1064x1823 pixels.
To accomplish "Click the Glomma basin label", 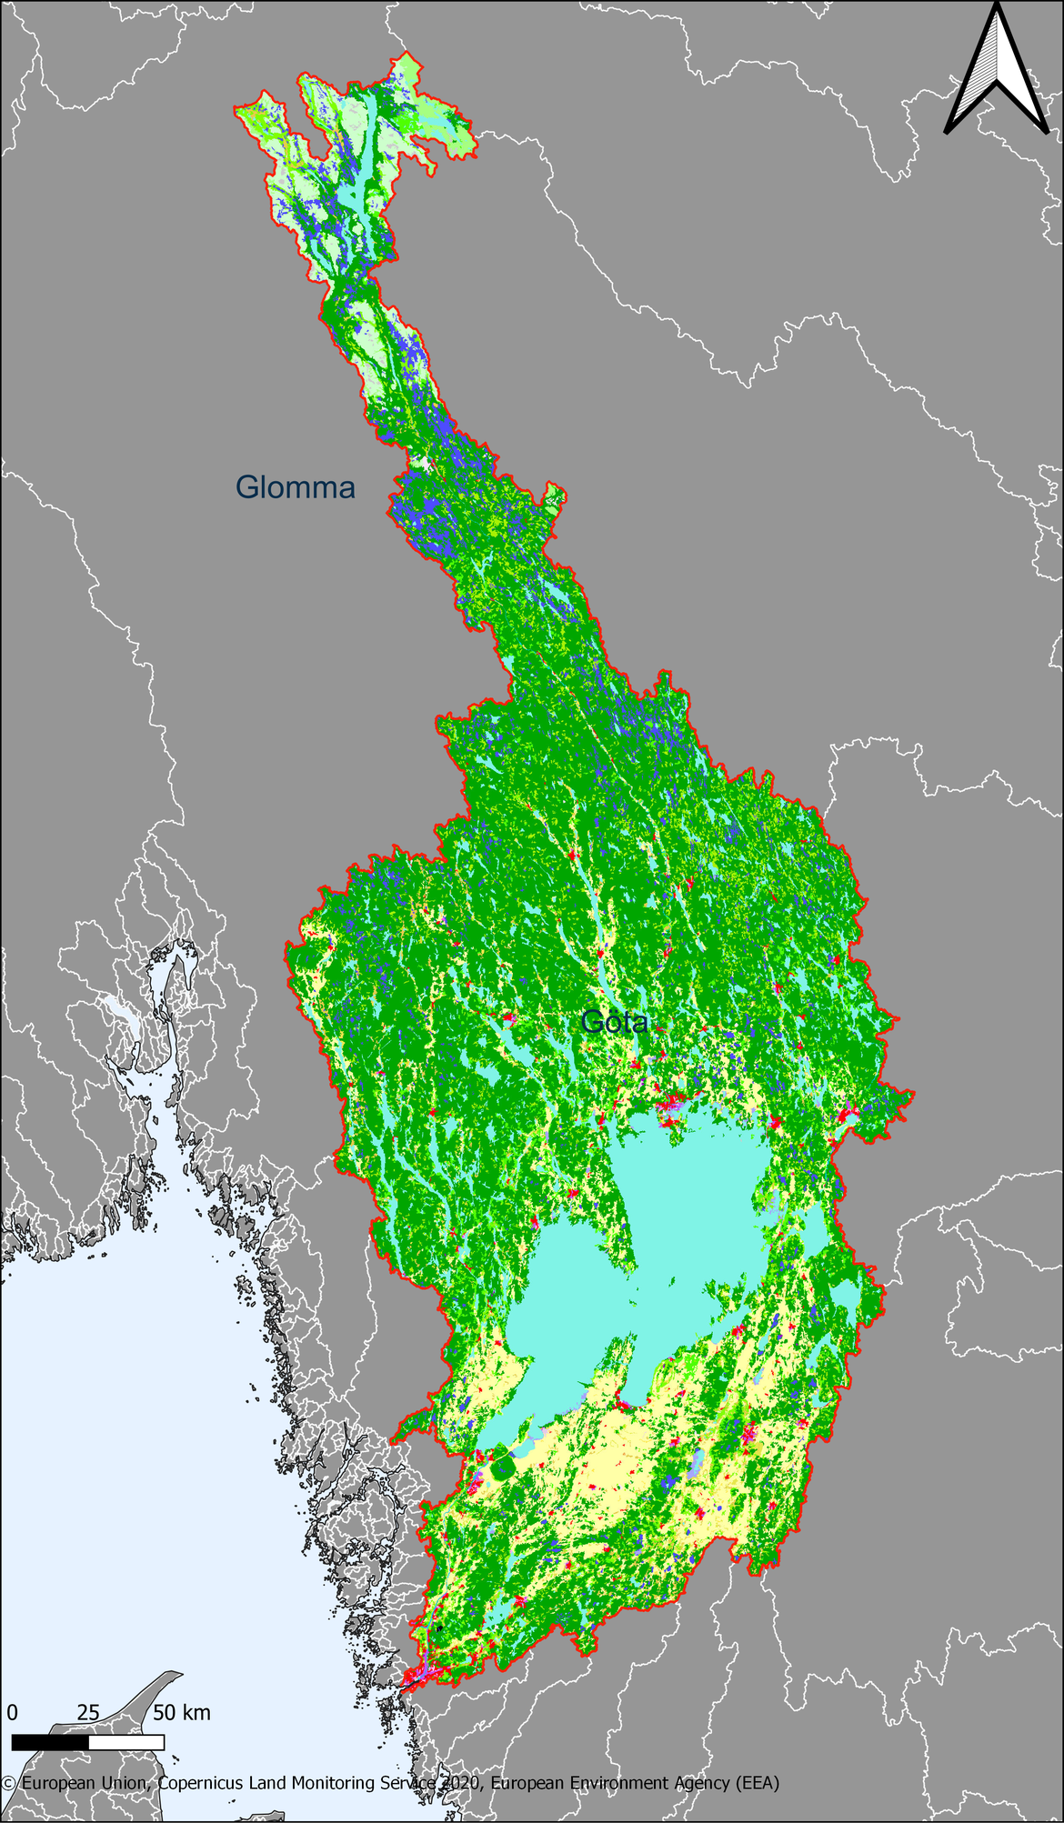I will (x=295, y=487).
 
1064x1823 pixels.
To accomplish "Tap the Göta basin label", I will (x=615, y=1022).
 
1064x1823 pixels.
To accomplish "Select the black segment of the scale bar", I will (x=50, y=1742).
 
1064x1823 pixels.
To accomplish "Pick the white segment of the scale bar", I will (x=126, y=1742).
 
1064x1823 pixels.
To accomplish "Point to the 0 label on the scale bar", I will (x=12, y=1713).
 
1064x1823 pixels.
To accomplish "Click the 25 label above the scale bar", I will (x=87, y=1713).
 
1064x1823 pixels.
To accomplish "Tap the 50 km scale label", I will (x=182, y=1713).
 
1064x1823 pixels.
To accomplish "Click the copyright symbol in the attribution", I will (x=9, y=1784).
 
